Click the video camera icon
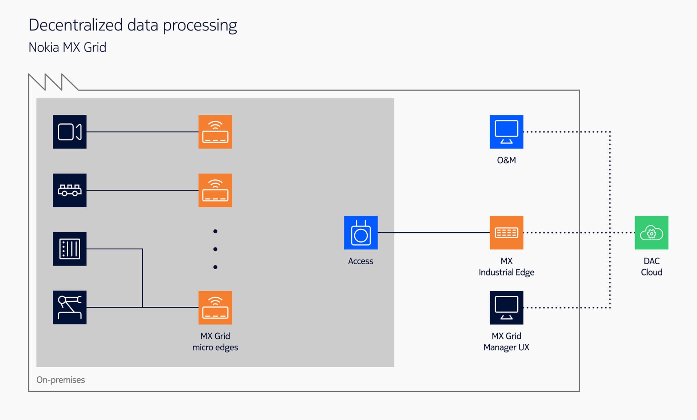point(70,132)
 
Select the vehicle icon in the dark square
point(70,190)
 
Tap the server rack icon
point(70,249)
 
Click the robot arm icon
point(70,307)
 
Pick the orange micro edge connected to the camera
point(215,132)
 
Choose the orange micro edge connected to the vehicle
point(215,190)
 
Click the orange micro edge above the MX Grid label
point(215,307)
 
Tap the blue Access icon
point(361,233)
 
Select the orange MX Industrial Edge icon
point(506,233)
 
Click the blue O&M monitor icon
point(506,132)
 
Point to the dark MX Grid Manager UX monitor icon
point(506,307)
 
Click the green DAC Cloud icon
point(652,233)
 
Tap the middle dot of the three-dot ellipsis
point(215,249)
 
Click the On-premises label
point(61,380)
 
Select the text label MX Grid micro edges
point(215,342)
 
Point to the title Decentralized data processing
point(133,25)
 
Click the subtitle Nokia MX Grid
point(68,47)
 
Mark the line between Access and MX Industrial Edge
point(434,233)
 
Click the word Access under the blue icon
point(360,261)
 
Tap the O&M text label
point(506,160)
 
